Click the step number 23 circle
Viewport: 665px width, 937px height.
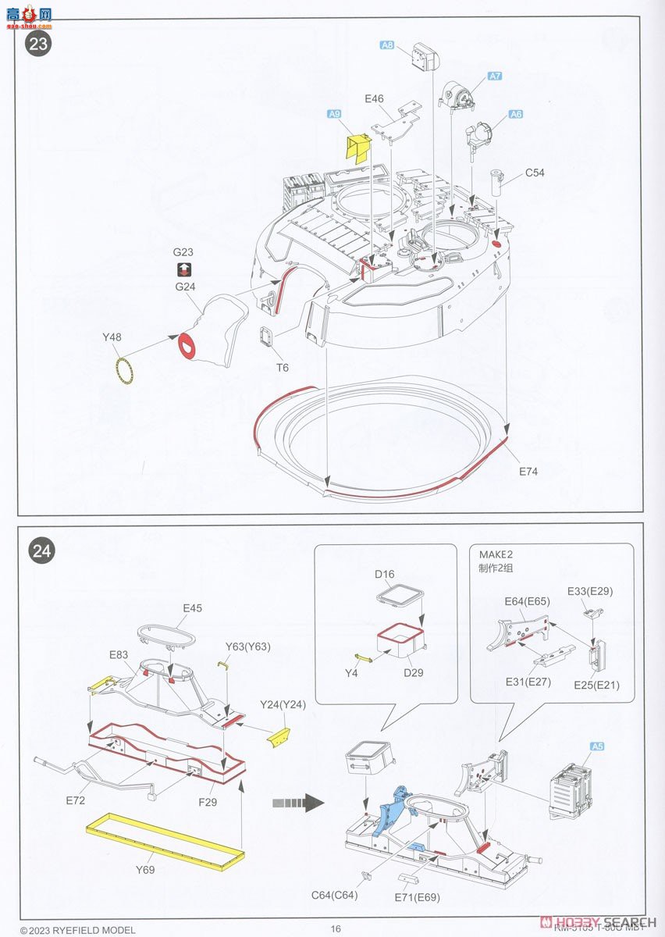38,43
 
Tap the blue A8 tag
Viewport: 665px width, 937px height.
386,45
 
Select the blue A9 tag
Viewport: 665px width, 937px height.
334,114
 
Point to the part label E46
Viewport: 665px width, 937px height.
374,98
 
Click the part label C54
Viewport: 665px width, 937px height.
535,173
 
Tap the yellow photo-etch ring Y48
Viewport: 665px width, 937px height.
123,368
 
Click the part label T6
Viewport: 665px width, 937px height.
283,367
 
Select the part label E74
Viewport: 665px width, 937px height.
528,472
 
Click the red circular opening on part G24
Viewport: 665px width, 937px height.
187,344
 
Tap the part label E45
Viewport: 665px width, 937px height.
192,607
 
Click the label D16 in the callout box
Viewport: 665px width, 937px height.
384,575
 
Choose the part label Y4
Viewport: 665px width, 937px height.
350,672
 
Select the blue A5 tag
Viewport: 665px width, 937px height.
597,746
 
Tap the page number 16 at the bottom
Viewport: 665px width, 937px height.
336,928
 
